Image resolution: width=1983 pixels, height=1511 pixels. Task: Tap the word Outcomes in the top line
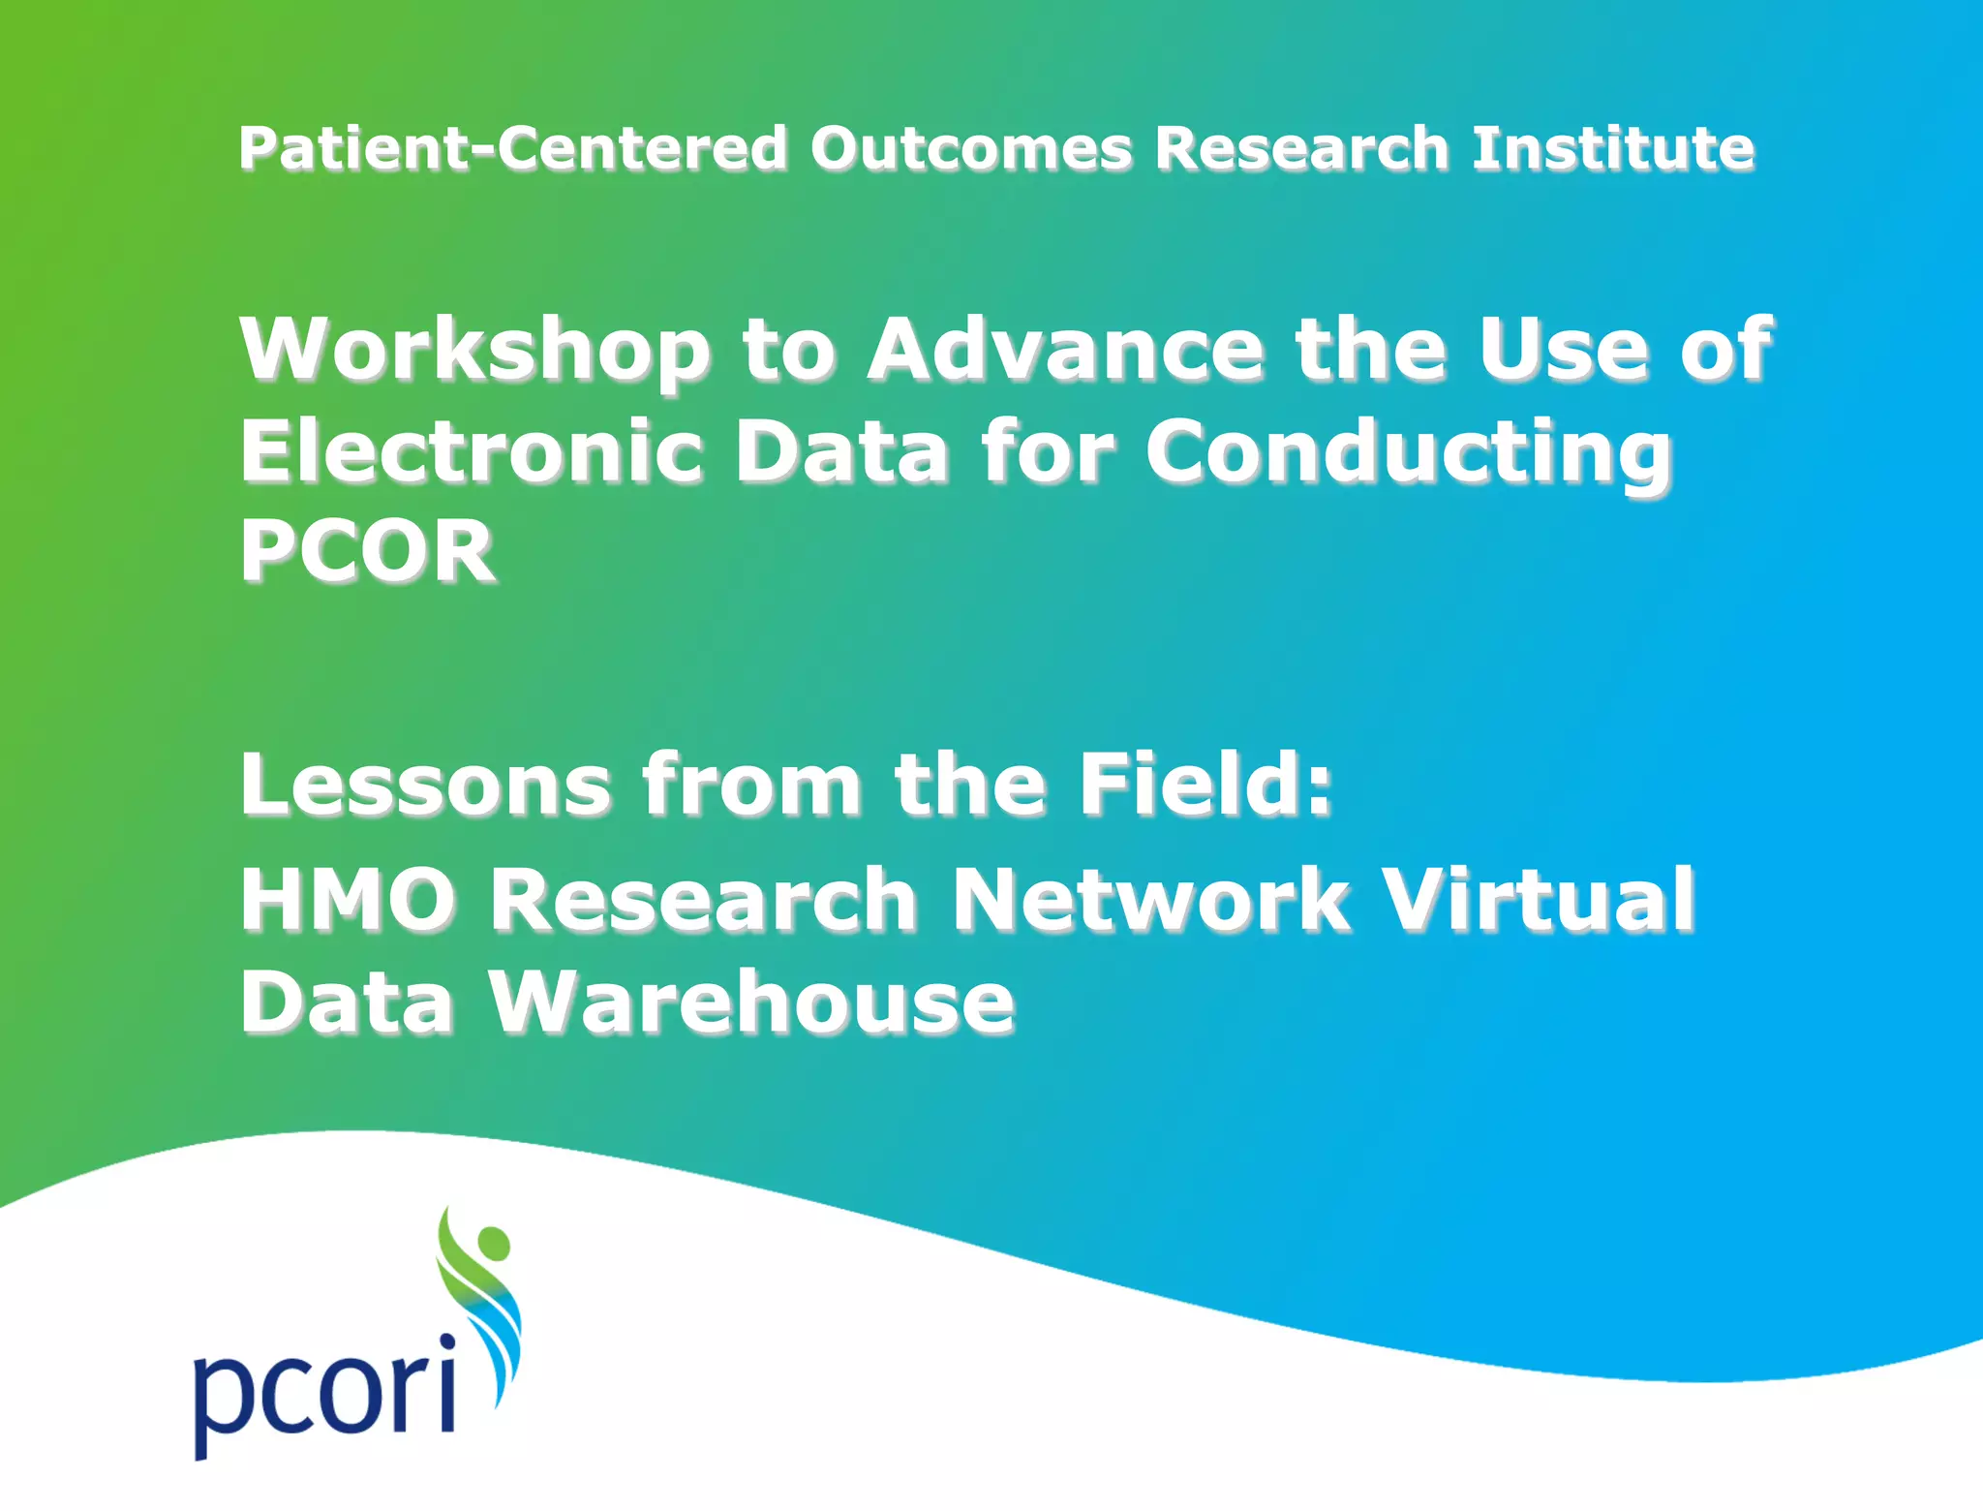point(970,148)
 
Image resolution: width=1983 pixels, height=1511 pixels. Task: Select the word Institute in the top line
point(1612,148)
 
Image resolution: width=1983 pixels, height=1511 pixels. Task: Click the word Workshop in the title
point(474,351)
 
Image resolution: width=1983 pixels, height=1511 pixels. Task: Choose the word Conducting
point(1409,453)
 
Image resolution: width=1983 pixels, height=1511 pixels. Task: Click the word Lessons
point(426,784)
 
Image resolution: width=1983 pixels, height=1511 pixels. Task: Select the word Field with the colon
point(1205,784)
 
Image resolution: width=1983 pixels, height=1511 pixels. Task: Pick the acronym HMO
point(348,900)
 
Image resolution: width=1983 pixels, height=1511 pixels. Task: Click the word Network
point(1150,900)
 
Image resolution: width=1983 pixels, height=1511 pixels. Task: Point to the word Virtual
point(1538,900)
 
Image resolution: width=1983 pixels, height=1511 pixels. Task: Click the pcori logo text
point(324,1390)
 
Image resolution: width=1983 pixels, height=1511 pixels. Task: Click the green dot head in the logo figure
point(494,1242)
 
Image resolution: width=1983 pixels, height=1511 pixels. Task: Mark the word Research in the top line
point(1301,148)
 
